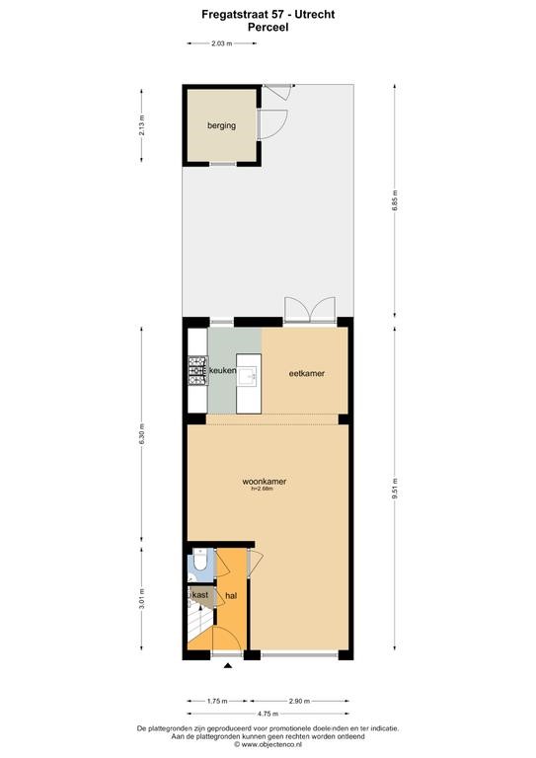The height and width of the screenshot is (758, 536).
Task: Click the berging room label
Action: [x=221, y=125]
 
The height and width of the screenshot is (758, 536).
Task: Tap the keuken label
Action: [x=222, y=371]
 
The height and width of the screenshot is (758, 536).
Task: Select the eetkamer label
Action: [x=306, y=373]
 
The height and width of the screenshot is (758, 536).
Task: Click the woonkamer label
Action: [x=264, y=482]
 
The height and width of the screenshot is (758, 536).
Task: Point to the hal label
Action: [x=231, y=595]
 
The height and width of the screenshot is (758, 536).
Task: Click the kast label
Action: [x=200, y=594]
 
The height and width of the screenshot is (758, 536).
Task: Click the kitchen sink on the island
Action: [x=250, y=374]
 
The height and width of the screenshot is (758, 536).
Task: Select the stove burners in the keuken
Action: [x=197, y=371]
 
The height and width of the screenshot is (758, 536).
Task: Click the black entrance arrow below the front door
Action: [x=228, y=665]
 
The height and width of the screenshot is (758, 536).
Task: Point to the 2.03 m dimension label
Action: [x=222, y=43]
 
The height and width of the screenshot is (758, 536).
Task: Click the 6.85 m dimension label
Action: [x=395, y=200]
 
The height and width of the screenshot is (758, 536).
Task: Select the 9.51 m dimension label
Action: [x=395, y=489]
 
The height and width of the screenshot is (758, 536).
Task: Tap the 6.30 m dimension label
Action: [x=141, y=434]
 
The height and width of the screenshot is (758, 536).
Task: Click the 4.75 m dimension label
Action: [x=268, y=714]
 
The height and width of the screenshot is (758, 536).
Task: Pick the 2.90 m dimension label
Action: [x=299, y=701]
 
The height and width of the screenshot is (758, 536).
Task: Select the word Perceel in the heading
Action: [x=268, y=27]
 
